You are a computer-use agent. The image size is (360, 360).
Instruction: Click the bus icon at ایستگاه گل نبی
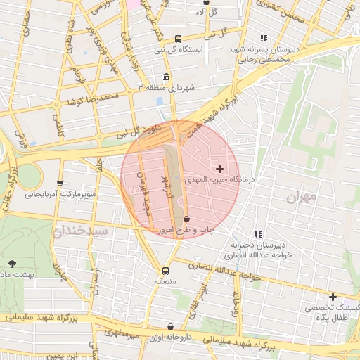click(x=178, y=39)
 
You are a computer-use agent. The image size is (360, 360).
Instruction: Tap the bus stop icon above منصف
click(x=166, y=271)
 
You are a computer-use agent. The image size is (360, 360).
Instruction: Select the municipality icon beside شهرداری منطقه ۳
click(x=166, y=77)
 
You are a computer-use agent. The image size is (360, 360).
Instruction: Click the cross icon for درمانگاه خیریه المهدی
click(x=221, y=169)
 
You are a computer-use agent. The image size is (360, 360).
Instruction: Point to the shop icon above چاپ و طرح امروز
click(x=186, y=219)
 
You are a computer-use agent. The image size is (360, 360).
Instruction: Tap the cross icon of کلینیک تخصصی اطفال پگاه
click(x=333, y=297)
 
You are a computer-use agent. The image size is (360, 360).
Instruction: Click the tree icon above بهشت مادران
click(x=13, y=263)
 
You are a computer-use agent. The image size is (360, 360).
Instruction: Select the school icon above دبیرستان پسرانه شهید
click(x=264, y=39)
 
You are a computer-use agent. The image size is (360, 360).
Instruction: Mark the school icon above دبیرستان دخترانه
click(x=259, y=233)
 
